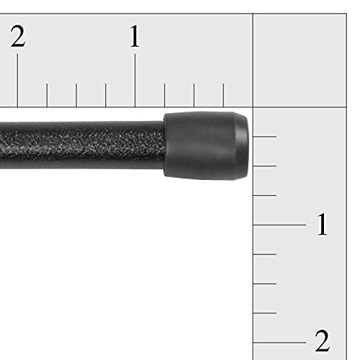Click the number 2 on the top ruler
[x=18, y=37]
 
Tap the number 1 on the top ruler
[x=135, y=37]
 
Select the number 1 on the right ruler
[x=322, y=225]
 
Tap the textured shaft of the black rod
[x=79, y=144]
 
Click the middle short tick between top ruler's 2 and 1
[x=76, y=95]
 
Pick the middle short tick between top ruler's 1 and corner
[x=194, y=95]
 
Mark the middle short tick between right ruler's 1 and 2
[x=265, y=284]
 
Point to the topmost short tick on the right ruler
[x=265, y=136]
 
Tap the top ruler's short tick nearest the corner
[x=223, y=95]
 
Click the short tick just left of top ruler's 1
[x=106, y=95]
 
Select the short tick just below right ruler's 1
[x=265, y=254]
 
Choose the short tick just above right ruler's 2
[x=265, y=313]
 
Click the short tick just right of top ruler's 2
[x=47, y=95]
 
